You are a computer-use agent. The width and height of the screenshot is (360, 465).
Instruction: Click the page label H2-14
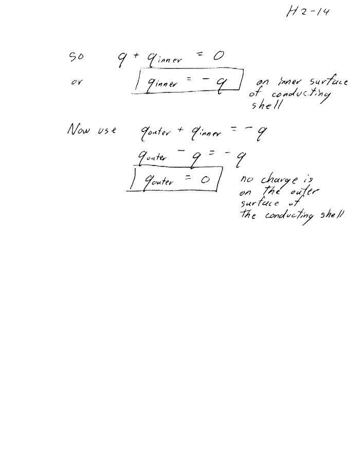pyautogui.click(x=308, y=12)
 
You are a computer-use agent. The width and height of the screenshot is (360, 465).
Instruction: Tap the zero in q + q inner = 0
pyautogui.click(x=218, y=56)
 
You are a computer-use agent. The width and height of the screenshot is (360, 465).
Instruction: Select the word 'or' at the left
pyautogui.click(x=77, y=82)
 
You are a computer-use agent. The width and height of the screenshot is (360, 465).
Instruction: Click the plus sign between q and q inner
pyautogui.click(x=136, y=55)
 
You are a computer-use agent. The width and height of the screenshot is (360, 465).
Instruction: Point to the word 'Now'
pyautogui.click(x=78, y=129)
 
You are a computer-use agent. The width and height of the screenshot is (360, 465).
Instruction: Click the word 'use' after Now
pyautogui.click(x=107, y=130)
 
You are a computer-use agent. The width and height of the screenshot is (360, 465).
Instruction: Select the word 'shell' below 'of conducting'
pyautogui.click(x=266, y=105)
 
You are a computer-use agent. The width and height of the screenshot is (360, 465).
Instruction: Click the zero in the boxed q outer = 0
pyautogui.click(x=205, y=179)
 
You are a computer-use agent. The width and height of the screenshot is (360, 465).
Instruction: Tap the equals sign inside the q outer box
pyautogui.click(x=188, y=178)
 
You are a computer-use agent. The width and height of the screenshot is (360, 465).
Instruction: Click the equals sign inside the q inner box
pyautogui.click(x=189, y=79)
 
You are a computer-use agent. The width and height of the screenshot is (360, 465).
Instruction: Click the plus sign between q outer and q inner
pyautogui.click(x=181, y=130)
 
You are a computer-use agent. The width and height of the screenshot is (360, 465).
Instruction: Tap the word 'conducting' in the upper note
pyautogui.click(x=301, y=95)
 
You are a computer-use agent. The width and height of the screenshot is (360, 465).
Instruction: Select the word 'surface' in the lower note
pyautogui.click(x=260, y=203)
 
